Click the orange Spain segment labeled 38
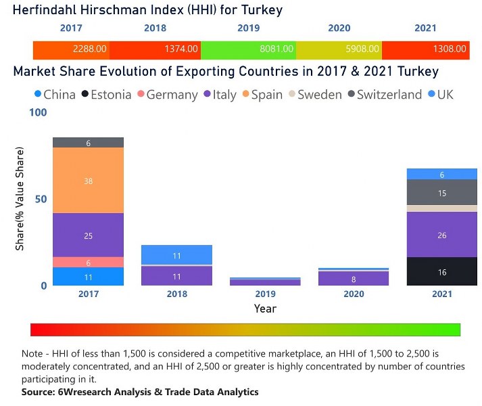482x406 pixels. click(89, 181)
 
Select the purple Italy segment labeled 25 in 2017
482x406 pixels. click(89, 235)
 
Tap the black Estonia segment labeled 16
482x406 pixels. click(442, 272)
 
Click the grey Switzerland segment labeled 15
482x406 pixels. click(442, 193)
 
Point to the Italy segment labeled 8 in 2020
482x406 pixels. click(354, 279)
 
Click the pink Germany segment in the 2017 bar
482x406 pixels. click(89, 263)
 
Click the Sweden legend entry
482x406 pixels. click(315, 95)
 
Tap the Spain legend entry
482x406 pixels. click(261, 95)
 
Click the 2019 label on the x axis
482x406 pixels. click(264, 294)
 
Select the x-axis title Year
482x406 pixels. click(264, 309)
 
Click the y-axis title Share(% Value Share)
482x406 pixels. click(20, 198)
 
